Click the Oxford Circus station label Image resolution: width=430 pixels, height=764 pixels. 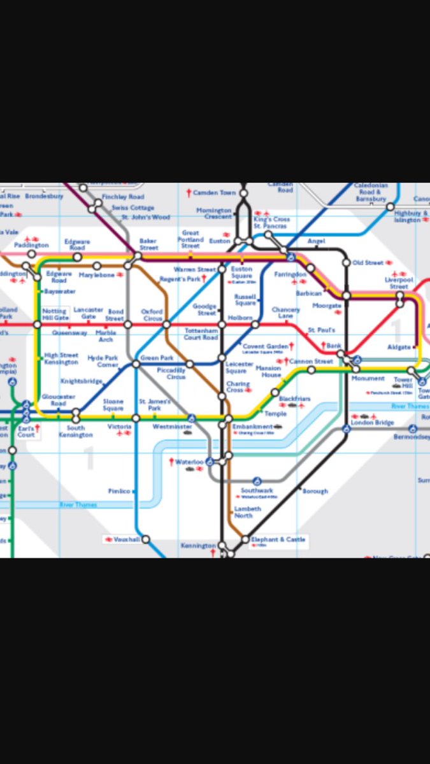[152, 315]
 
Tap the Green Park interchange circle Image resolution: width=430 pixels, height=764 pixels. [136, 364]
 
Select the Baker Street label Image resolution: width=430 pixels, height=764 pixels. [148, 244]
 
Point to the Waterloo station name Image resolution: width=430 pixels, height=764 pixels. [189, 462]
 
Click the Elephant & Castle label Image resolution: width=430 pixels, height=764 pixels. [278, 539]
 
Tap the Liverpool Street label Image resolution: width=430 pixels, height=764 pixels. [399, 283]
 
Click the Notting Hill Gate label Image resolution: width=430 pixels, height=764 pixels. [55, 315]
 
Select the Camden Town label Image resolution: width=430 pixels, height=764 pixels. [215, 192]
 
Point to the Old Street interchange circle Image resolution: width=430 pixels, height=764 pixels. [347, 262]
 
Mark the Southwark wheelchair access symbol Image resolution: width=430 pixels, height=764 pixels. [257, 481]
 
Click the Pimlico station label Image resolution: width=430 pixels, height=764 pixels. [119, 492]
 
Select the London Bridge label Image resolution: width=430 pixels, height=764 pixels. [373, 423]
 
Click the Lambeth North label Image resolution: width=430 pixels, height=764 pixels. [247, 513]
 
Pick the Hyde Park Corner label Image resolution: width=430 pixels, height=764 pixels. [103, 362]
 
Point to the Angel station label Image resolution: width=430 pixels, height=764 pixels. [316, 241]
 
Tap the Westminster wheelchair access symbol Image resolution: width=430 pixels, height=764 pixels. [191, 418]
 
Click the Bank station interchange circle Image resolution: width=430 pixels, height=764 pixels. [341, 353]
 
